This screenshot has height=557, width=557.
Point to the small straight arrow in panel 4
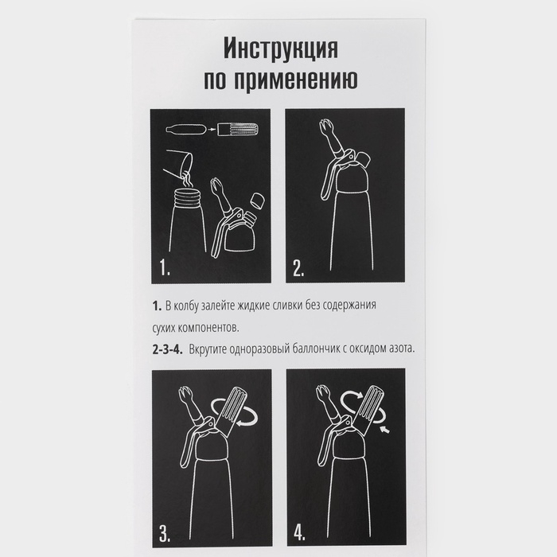(x=388, y=430)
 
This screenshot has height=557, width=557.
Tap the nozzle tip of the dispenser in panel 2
(x=326, y=127)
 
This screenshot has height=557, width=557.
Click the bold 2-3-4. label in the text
(x=168, y=349)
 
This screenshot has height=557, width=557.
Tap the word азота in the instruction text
(x=398, y=349)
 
